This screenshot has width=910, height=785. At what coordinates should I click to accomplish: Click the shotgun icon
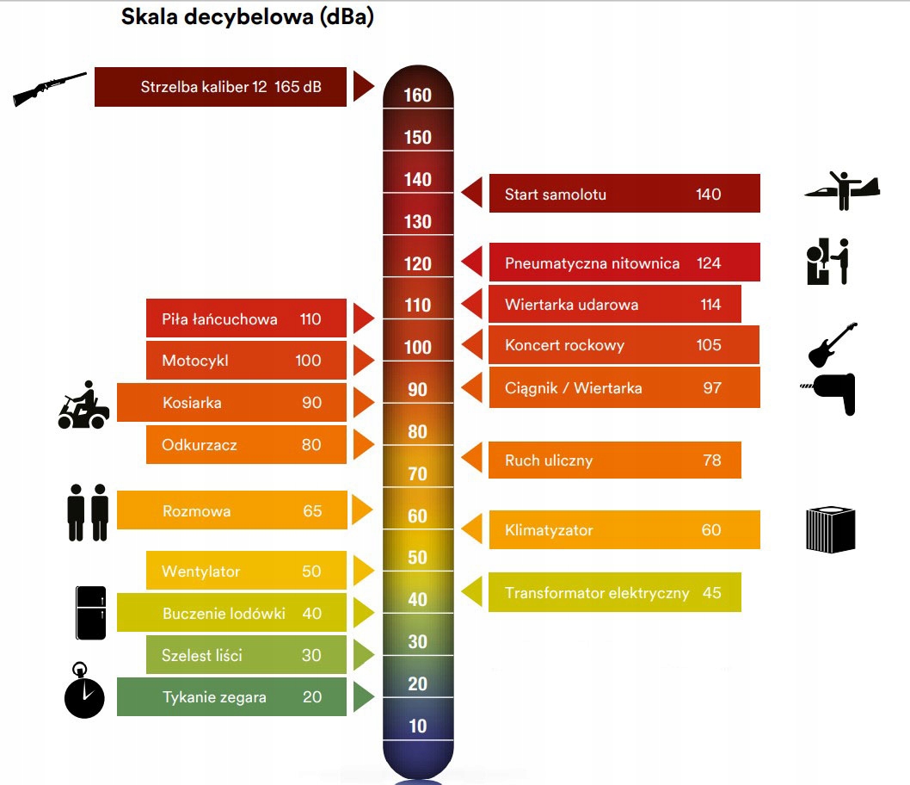pos(49,89)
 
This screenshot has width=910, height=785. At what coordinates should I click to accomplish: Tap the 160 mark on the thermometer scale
pos(418,95)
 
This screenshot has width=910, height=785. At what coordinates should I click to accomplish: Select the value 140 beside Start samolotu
pos(708,195)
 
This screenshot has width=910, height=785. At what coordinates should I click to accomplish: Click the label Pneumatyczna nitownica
pos(592,263)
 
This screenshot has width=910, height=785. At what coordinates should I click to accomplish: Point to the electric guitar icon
pos(832,344)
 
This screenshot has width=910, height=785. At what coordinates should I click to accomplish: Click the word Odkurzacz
pos(199,445)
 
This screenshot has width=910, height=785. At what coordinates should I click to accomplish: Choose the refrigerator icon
pos(90,613)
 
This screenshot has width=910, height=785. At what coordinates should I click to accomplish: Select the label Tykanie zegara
pos(214,697)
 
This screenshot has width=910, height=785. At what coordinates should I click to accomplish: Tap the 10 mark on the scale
pos(418,726)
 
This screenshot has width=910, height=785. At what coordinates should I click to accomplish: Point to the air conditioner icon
pos(830,529)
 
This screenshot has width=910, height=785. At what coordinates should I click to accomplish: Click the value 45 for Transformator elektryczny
pos(711,593)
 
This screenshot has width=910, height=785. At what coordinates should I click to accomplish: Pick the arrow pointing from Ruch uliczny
pos(471,459)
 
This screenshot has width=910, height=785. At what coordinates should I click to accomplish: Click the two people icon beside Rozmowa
pos(88,512)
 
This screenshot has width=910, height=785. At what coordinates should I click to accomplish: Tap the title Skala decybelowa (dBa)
pos(247,17)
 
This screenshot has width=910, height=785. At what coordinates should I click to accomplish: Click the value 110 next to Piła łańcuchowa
pos(311,319)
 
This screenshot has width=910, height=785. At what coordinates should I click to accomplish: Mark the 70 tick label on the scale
pos(418,473)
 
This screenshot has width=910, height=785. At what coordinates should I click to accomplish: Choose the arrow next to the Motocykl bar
pos(363,360)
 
